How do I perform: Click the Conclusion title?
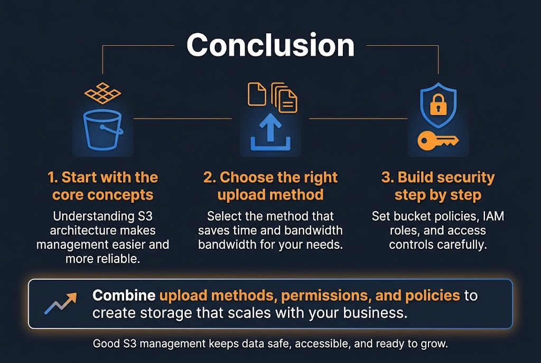point(270,45)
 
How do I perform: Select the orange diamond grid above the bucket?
point(102,93)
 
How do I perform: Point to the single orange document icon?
point(257,94)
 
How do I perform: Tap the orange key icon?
point(438,140)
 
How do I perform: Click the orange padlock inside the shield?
point(438,106)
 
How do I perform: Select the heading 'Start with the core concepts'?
point(102,186)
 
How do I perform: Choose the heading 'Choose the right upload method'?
point(270,186)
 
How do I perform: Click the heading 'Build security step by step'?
point(438,186)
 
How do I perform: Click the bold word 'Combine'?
point(124,295)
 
